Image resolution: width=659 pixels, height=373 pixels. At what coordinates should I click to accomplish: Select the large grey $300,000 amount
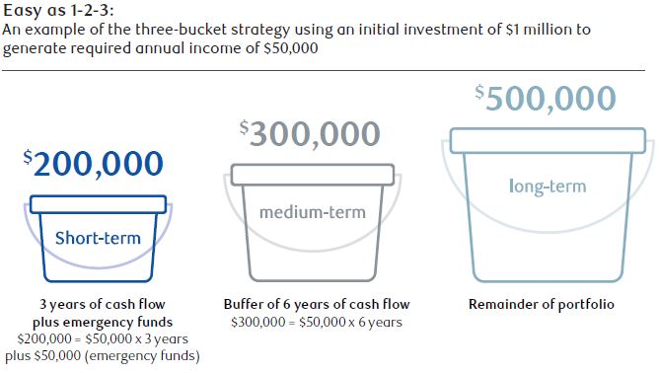coord(310,132)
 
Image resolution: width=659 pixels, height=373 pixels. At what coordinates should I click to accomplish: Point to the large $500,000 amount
coord(545,98)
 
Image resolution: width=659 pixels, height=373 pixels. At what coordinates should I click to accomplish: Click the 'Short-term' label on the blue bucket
coord(98,237)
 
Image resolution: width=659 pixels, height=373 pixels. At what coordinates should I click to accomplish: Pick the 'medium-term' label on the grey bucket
coord(312,211)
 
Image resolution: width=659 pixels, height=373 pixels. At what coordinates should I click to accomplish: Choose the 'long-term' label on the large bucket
coord(547,186)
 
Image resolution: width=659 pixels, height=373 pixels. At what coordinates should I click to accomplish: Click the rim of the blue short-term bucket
coord(98,204)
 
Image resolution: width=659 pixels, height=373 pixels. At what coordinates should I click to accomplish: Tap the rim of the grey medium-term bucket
coord(312,175)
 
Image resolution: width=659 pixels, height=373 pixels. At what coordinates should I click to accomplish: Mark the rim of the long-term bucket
coord(547,140)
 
